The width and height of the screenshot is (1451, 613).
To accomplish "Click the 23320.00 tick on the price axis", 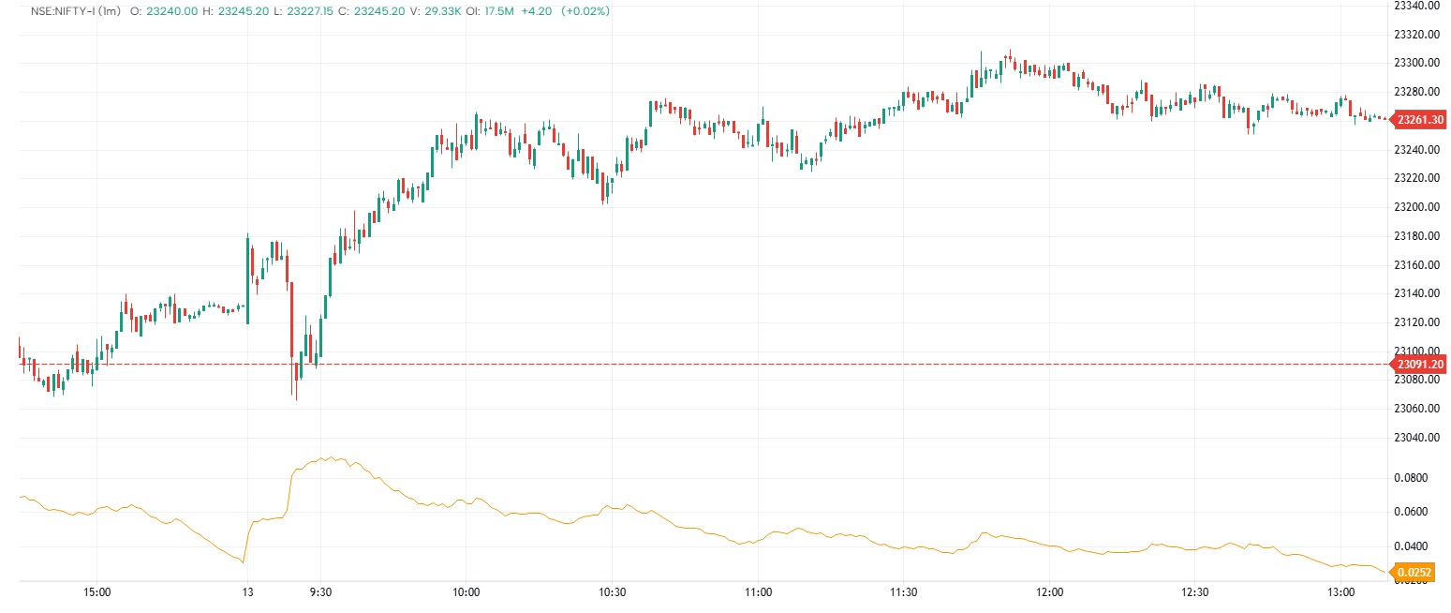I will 1415,34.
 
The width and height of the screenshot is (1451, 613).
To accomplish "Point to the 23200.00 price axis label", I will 1415,206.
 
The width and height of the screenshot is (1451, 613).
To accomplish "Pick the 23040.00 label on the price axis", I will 1415,437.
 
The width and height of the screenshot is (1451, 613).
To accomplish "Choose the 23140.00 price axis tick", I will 1415,293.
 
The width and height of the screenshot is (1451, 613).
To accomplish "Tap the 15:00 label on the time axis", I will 97,592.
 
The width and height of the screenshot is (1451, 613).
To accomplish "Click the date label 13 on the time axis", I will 247,592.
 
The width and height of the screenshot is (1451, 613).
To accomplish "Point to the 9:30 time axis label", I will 320,592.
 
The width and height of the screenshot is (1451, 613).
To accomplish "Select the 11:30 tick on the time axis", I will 903,592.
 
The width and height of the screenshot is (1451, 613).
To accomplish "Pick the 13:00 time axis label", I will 1341,592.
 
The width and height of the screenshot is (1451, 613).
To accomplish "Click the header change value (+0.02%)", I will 585,11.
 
